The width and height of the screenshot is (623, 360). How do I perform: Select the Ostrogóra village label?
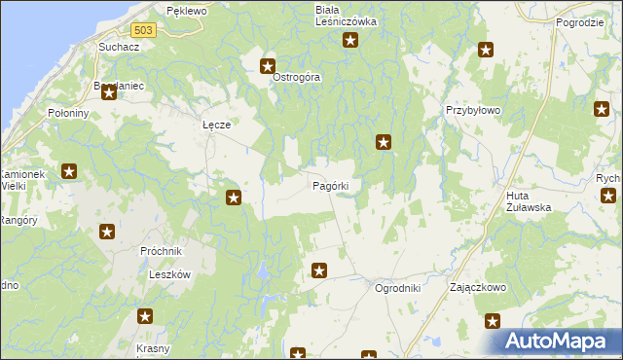(x=296, y=77)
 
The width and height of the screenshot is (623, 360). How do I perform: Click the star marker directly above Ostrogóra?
(x=268, y=66)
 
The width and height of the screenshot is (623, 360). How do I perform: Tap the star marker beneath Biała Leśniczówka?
(x=350, y=41)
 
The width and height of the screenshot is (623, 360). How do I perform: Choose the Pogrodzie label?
(x=580, y=21)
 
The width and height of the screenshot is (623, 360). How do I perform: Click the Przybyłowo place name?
(x=472, y=111)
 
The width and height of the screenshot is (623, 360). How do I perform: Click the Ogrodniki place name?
(x=397, y=289)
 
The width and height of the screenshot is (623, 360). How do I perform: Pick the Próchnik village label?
(x=161, y=250)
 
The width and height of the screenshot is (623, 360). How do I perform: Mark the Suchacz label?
(x=115, y=47)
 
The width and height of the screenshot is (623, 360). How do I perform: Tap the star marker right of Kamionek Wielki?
(x=70, y=173)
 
